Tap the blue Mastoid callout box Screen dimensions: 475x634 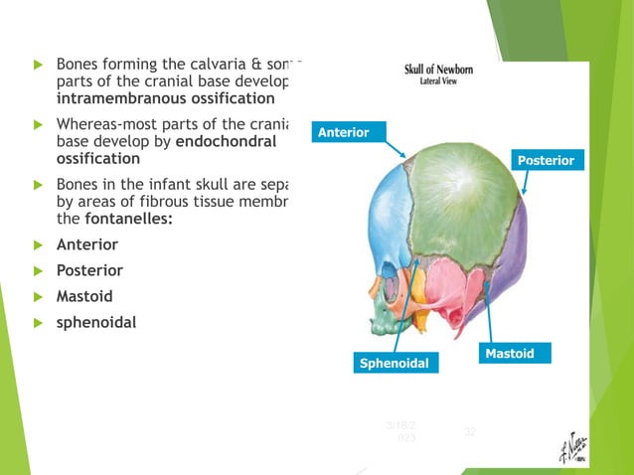coord(516,354)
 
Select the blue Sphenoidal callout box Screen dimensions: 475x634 coord(394,364)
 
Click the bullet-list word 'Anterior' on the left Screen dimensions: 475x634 coord(87,244)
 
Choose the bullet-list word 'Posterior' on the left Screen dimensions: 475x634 coord(90,270)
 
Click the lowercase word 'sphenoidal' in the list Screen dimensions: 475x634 coord(97,322)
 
